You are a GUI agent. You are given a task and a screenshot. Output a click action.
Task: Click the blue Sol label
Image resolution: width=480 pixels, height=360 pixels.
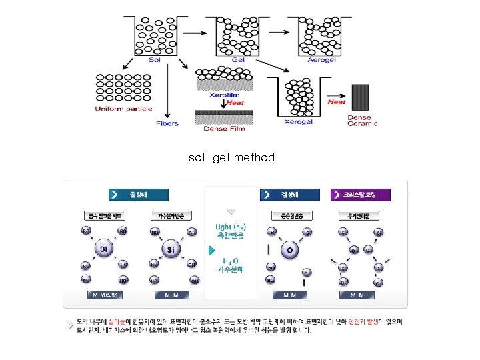pyautogui.click(x=155, y=59)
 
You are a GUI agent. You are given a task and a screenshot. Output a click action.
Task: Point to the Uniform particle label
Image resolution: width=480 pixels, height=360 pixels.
pyautogui.click(x=123, y=109)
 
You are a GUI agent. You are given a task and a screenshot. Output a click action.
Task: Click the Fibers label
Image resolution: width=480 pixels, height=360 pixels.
pyautogui.click(x=167, y=123)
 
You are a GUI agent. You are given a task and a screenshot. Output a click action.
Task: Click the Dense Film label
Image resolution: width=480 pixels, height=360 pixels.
pyautogui.click(x=224, y=129)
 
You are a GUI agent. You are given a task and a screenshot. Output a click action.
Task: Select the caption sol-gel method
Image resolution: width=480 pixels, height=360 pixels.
pyautogui.click(x=231, y=158)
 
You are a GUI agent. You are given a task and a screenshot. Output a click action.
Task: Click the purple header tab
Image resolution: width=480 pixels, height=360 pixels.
pyautogui.click(x=361, y=195)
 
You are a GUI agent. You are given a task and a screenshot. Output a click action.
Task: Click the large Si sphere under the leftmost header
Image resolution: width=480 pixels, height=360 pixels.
pyautogui.click(x=104, y=249)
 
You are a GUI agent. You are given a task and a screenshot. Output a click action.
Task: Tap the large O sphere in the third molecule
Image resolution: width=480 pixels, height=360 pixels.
pyautogui.click(x=289, y=249)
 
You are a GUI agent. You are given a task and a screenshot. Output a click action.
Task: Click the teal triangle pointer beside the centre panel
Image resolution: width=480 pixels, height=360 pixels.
pyautogui.click(x=211, y=251)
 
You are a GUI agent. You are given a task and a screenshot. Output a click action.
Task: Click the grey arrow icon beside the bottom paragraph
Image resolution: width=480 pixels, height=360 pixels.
pyautogui.click(x=70, y=325)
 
